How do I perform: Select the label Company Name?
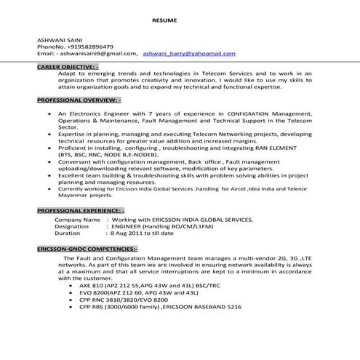(x=78, y=219)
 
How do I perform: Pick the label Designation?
(x=72, y=226)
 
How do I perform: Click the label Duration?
(x=68, y=233)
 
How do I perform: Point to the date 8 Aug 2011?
(x=127, y=233)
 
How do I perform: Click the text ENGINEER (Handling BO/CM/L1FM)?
(x=159, y=226)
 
